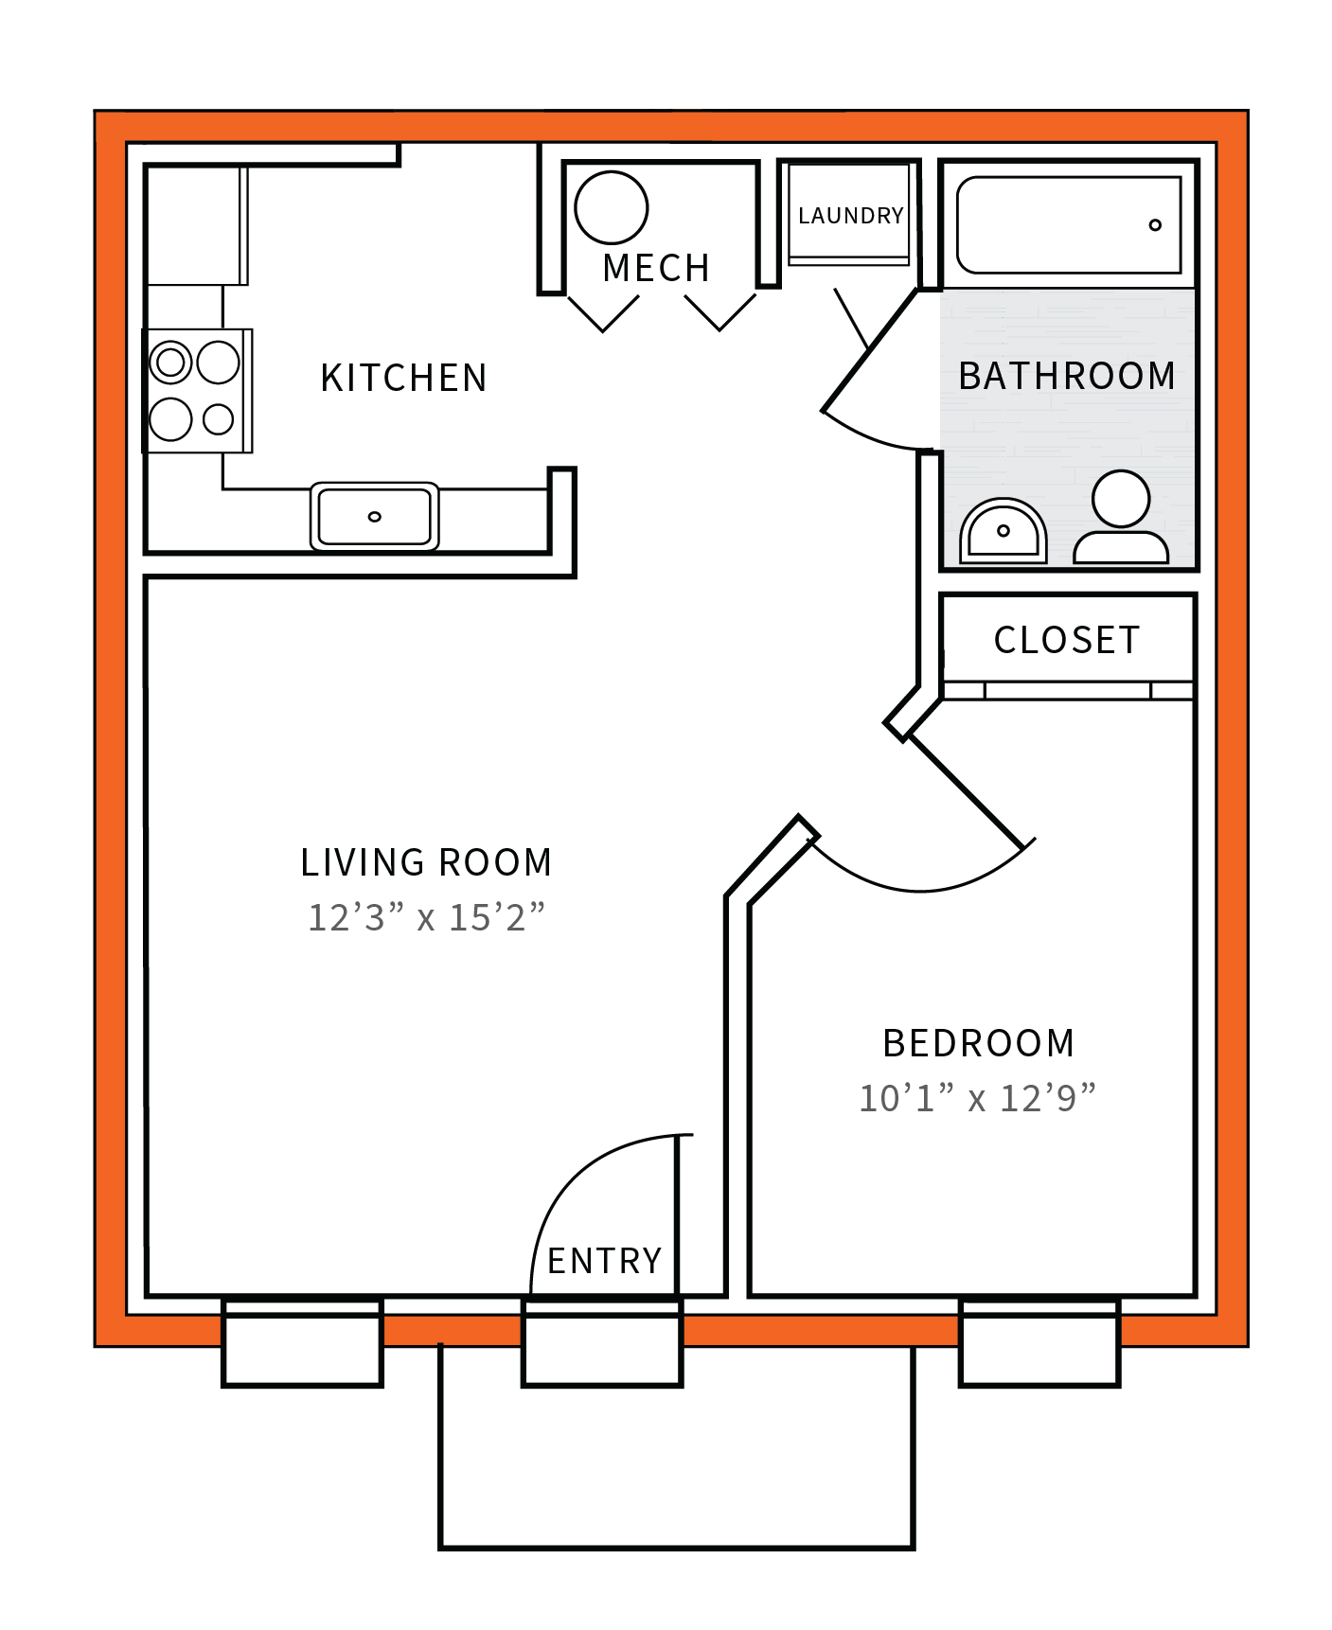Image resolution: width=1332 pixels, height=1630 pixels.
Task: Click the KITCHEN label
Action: [403, 378]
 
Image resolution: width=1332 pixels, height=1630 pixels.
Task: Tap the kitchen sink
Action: [374, 517]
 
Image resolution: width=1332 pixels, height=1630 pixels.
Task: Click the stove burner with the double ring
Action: [171, 362]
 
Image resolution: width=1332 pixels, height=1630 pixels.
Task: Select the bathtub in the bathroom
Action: [1068, 225]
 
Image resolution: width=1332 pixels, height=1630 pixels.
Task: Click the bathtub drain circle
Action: [1154, 225]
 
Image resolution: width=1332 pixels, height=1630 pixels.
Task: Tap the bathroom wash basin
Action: [1003, 533]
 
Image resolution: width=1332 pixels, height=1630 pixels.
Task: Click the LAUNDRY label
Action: [850, 216]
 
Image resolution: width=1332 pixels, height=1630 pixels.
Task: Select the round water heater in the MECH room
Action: [611, 207]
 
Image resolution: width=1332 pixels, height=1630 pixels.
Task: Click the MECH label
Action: [656, 269]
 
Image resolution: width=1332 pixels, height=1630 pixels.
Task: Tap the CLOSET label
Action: [1067, 641]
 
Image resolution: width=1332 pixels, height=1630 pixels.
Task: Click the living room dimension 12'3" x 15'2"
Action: [426, 917]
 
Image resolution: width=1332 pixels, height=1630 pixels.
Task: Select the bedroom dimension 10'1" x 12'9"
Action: [977, 1098]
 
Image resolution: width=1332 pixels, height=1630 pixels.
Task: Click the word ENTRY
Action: [604, 1261]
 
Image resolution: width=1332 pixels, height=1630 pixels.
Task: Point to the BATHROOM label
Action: [1067, 376]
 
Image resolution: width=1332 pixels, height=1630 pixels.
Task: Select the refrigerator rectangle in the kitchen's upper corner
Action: [195, 225]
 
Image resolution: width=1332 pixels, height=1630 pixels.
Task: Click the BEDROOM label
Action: [978, 1043]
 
